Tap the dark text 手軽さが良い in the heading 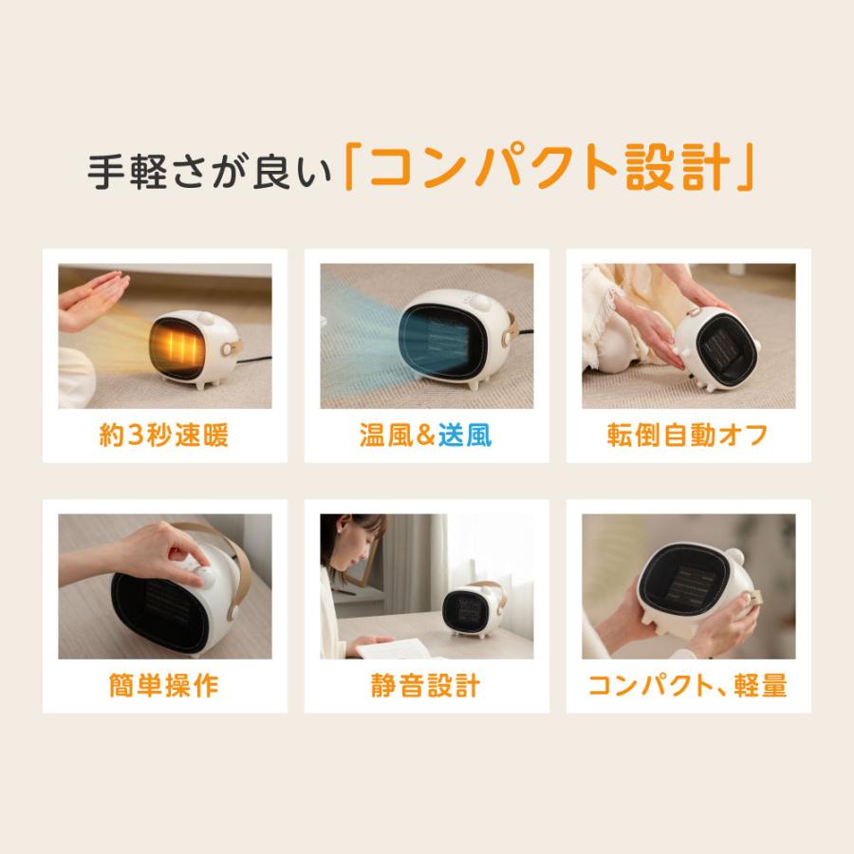click(211, 172)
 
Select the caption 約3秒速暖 click(164, 436)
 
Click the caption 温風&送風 click(426, 436)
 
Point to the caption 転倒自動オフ click(688, 436)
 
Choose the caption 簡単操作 click(164, 685)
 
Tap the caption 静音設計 click(426, 685)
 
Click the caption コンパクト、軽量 click(688, 685)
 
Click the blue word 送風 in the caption click(465, 436)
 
